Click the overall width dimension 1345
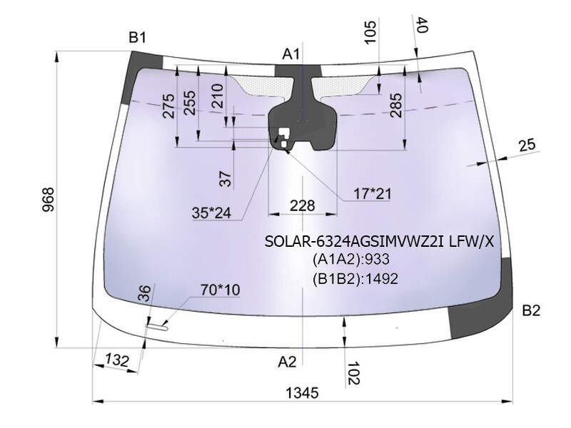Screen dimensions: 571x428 (x=302, y=393)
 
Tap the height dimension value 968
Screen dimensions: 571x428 (x=48, y=200)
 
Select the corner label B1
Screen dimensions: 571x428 (x=137, y=37)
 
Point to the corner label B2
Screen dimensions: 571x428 (x=531, y=310)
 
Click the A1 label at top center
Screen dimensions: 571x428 (x=290, y=54)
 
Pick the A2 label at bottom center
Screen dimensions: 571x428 (x=287, y=362)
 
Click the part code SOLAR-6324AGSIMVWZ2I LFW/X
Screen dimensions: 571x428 (x=379, y=241)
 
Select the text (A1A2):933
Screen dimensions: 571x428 (x=350, y=260)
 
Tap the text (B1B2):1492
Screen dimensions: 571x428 (x=355, y=279)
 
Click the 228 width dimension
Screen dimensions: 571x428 (x=302, y=206)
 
